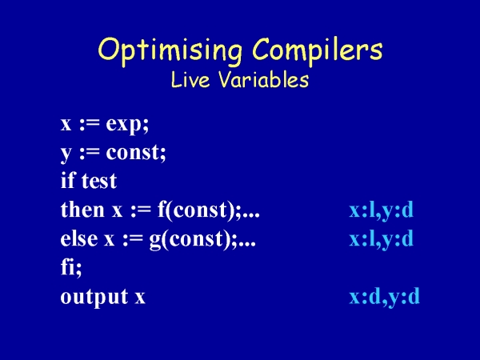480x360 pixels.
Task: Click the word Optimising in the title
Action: [170, 51]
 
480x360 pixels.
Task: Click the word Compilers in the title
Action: [318, 49]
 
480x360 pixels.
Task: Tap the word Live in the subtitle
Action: [190, 79]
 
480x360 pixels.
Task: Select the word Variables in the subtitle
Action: [263, 79]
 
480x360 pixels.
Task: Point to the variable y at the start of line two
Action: [66, 154]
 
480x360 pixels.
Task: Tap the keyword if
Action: [68, 180]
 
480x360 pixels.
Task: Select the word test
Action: [99, 181]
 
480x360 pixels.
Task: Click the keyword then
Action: [82, 210]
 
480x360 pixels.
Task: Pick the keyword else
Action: [79, 238]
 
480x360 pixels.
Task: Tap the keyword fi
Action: [68, 267]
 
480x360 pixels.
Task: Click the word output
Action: [94, 297]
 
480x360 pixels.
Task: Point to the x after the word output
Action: [140, 298]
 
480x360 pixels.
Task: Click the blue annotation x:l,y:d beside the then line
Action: [382, 210]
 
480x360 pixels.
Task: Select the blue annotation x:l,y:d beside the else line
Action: [382, 239]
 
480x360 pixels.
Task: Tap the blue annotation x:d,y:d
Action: [385, 297]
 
